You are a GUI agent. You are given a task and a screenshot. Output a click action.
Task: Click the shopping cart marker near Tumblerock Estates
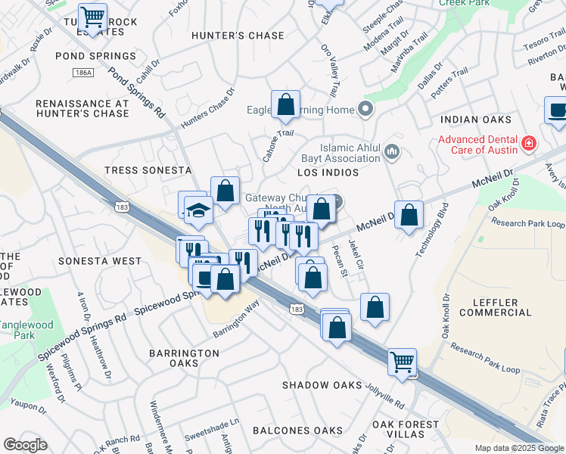coord(92,16)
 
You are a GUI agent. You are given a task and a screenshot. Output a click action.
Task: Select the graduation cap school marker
coord(198,211)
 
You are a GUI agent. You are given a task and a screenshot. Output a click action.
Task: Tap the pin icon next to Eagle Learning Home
coord(366,110)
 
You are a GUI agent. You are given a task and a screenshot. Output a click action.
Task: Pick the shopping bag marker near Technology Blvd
coord(409,215)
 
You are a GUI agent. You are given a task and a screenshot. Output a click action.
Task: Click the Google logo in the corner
coord(25,445)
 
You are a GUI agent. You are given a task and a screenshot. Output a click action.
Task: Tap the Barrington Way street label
coord(236,319)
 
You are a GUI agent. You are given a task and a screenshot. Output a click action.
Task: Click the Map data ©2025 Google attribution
coord(519,448)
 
